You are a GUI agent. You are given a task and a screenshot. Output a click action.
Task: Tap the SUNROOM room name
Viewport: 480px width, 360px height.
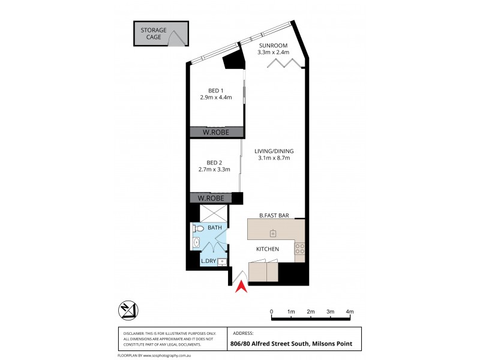(x=274, y=45)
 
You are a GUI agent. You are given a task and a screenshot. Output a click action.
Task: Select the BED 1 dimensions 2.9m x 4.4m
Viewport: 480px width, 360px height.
(x=215, y=97)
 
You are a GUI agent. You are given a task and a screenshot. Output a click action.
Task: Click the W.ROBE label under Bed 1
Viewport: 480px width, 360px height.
(x=217, y=133)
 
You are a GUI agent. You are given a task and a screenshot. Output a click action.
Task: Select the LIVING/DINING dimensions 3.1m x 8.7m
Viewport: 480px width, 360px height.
(x=274, y=158)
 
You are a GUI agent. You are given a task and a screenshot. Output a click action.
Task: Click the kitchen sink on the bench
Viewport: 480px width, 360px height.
(x=272, y=232)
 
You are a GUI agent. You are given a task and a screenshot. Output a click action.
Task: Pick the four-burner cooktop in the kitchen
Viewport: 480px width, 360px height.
(x=299, y=248)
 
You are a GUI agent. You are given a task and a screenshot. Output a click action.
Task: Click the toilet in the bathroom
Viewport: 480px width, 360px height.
(x=198, y=228)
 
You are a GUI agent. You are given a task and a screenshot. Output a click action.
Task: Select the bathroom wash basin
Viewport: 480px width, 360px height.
(x=197, y=243)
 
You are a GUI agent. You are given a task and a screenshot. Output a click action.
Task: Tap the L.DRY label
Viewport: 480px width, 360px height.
(x=208, y=261)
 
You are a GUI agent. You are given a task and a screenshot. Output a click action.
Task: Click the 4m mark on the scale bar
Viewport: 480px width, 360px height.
(x=350, y=312)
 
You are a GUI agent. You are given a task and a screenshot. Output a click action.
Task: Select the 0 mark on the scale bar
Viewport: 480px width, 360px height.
(x=272, y=312)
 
